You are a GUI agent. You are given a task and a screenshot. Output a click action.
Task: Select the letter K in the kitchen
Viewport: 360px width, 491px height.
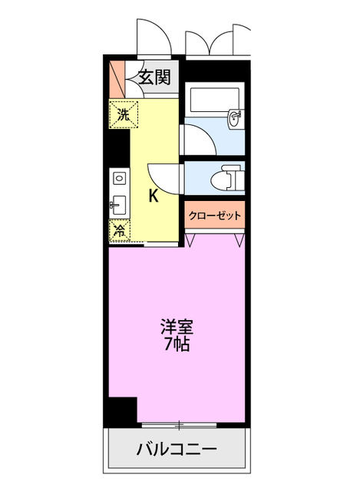pyautogui.click(x=153, y=196)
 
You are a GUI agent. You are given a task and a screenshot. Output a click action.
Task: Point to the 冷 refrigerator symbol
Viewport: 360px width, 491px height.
pyautogui.click(x=121, y=230)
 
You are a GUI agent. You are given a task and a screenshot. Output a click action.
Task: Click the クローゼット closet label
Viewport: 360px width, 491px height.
pyautogui.click(x=215, y=216)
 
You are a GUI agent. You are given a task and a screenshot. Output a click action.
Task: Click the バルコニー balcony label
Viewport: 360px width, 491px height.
pyautogui.click(x=177, y=449)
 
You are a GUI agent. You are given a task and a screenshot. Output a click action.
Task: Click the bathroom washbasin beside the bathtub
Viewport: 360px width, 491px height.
pyautogui.click(x=236, y=118)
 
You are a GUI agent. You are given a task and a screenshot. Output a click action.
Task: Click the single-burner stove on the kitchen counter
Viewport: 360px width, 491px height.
pyautogui.click(x=119, y=178)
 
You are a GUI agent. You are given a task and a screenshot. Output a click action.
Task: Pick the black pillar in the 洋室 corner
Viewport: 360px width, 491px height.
pyautogui.click(x=120, y=411)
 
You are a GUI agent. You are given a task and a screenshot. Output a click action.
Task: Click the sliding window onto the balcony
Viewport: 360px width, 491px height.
pyautogui.click(x=180, y=423)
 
